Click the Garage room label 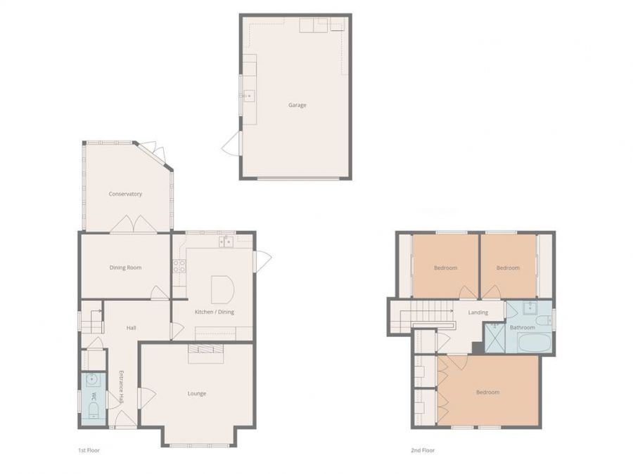pyautogui.click(x=297, y=105)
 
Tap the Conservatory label pyautogui.click(x=125, y=194)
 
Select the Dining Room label pyautogui.click(x=126, y=268)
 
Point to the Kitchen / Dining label pyautogui.click(x=215, y=312)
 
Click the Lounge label pyautogui.click(x=197, y=393)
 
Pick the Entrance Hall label pyautogui.click(x=121, y=387)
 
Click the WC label pyautogui.click(x=94, y=396)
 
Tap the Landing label pyautogui.click(x=478, y=312)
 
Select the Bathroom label pyautogui.click(x=523, y=327)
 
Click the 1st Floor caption pyautogui.click(x=89, y=450)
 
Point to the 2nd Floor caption pyautogui.click(x=423, y=450)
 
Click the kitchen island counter pyautogui.click(x=222, y=290)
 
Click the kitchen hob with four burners pyautogui.click(x=179, y=266)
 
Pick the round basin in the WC pyautogui.click(x=92, y=379)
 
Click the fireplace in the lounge pyautogui.click(x=206, y=354)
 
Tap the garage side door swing pyautogui.click(x=231, y=143)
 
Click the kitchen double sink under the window pyautogui.click(x=226, y=242)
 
